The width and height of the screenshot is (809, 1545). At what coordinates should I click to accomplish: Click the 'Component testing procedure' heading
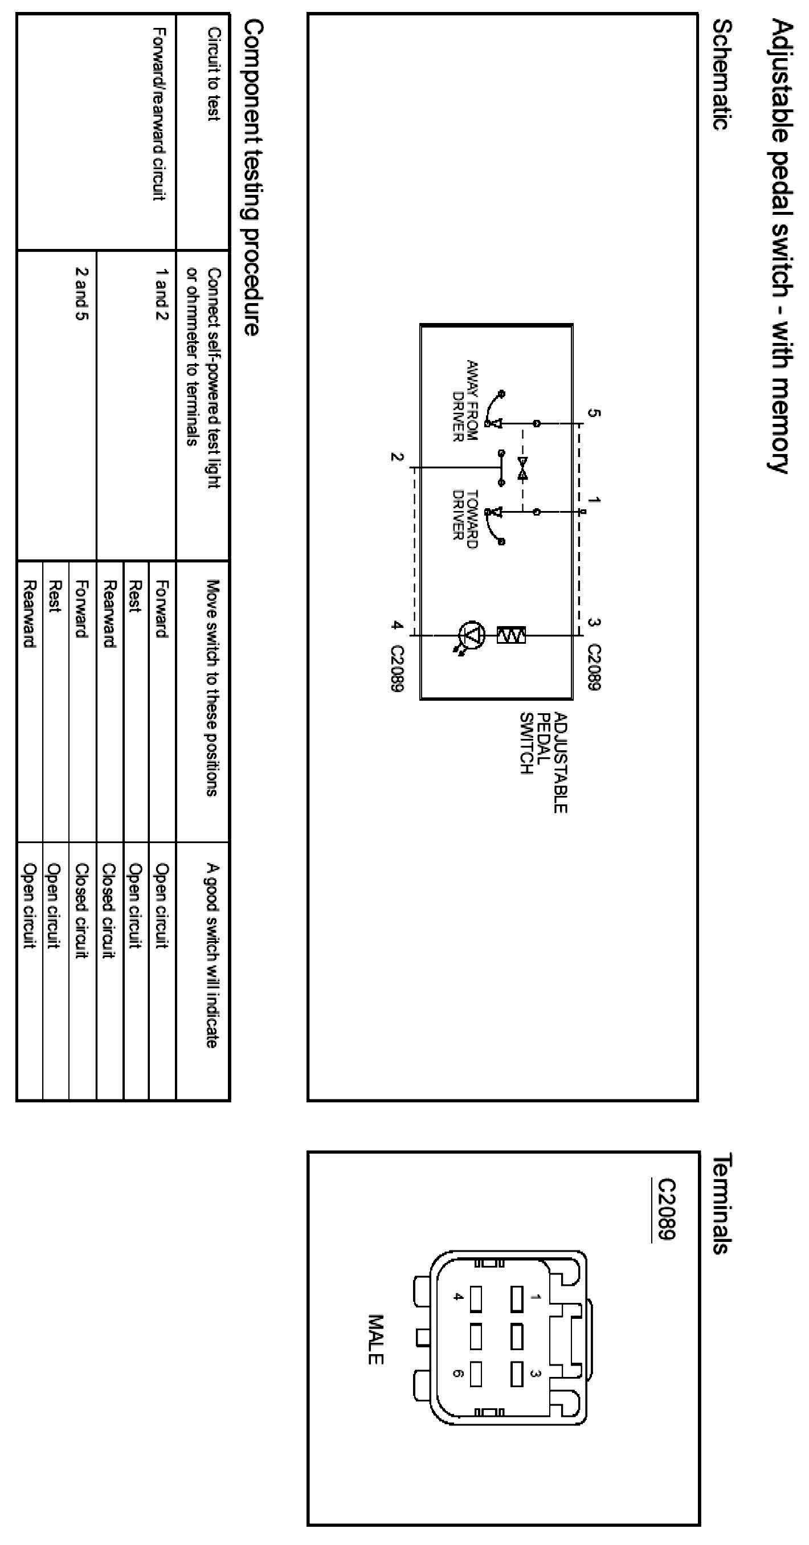tap(253, 178)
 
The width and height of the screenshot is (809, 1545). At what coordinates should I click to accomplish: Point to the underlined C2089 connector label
tap(666, 1209)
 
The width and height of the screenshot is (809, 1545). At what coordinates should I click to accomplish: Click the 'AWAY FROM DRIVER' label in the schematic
tap(465, 400)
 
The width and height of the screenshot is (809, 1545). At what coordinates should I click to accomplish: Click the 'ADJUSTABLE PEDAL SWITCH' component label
tap(544, 762)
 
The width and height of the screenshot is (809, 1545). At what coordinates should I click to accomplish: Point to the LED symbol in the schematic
tap(470, 635)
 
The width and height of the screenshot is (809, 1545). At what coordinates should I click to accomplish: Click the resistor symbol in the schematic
tap(511, 635)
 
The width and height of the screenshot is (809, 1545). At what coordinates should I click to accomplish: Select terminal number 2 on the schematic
tap(397, 457)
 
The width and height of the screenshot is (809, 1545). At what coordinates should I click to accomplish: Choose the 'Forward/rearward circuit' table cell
tap(158, 114)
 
